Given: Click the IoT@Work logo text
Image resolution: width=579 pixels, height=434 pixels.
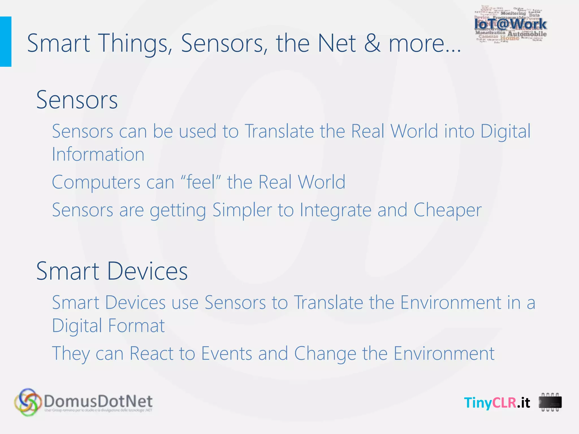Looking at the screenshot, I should (510, 24).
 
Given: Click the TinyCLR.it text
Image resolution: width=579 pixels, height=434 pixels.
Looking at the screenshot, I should (497, 403).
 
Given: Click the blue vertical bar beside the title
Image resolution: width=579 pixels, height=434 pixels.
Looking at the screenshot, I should (5, 42).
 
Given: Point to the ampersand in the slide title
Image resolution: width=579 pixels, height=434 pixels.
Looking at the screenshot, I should (372, 43).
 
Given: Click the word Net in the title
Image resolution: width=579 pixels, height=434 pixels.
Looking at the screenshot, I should (336, 43).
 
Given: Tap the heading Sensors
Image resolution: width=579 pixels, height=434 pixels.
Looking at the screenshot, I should (77, 100).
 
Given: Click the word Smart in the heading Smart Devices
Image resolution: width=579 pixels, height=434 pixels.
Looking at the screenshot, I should (68, 271).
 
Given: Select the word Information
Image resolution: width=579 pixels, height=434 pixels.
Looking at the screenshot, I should (98, 155).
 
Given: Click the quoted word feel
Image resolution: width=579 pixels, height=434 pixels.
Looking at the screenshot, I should (201, 182).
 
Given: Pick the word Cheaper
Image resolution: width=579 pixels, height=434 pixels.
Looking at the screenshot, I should (447, 210).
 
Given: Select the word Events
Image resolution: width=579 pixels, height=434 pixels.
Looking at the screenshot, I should (226, 353).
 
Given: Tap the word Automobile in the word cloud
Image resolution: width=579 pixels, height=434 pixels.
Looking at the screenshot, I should (527, 34).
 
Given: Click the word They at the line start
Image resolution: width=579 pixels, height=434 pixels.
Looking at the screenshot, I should (71, 353).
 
